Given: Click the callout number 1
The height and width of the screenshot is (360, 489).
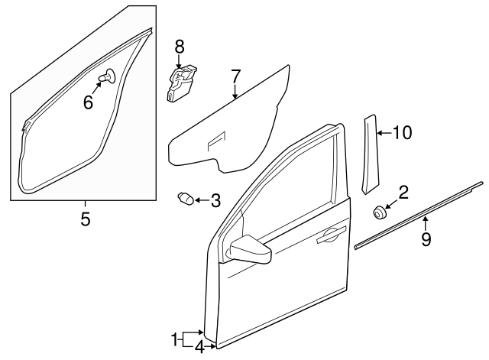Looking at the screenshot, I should pyautogui.click(x=175, y=337).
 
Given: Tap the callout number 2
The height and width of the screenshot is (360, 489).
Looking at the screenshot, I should pyautogui.click(x=403, y=192).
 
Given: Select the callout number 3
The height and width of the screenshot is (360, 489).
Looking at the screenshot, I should pyautogui.click(x=215, y=201).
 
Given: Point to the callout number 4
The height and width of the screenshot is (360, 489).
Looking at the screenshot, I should pyautogui.click(x=199, y=348).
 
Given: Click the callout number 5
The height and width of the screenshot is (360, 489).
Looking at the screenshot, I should pyautogui.click(x=86, y=219).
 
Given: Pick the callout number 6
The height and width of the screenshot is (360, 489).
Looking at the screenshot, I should pyautogui.click(x=89, y=102).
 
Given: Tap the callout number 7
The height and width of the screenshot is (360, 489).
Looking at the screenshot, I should pyautogui.click(x=235, y=76).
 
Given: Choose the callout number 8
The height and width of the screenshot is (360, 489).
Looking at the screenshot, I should pyautogui.click(x=180, y=47).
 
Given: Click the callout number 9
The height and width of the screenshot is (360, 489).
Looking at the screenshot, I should pyautogui.click(x=426, y=239).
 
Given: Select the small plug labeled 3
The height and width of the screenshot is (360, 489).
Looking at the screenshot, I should pyautogui.click(x=185, y=199).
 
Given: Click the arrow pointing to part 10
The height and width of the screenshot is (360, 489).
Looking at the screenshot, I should pyautogui.click(x=384, y=133).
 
